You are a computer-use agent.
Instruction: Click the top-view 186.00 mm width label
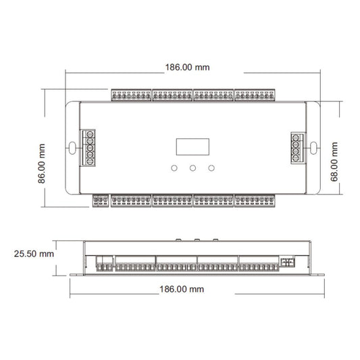pos(187,68)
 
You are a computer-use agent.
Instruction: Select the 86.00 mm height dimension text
pos(42,163)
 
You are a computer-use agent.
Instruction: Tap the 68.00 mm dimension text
pos(334,161)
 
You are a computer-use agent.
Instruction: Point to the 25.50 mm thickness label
pos(34,254)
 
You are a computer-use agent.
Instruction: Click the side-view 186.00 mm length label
pos(182,289)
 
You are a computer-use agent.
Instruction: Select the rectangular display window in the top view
pos(192,147)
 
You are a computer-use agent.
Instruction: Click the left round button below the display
pos(174,168)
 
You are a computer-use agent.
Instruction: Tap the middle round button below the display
pos(192,168)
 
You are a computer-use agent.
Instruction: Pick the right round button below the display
pos(211,168)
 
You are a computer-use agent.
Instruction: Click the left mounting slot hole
pos(72,148)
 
